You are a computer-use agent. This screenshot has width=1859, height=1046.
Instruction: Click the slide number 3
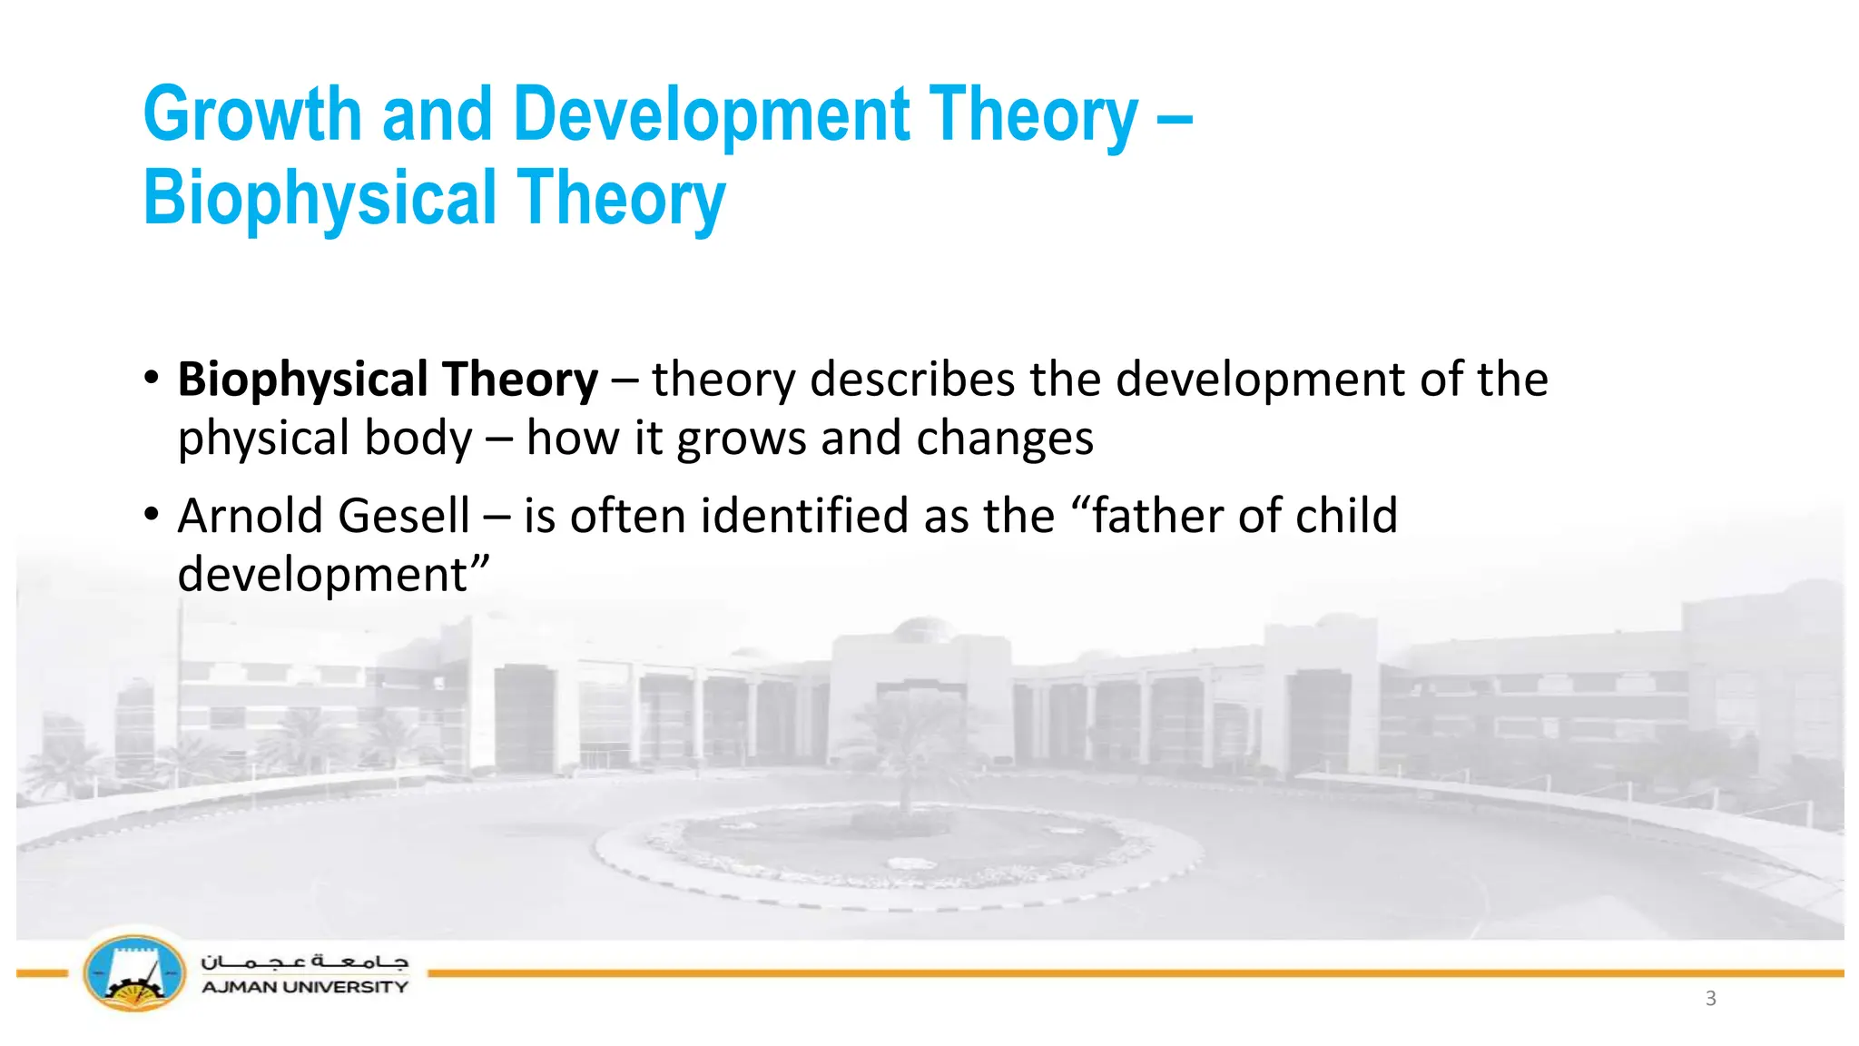(1710, 999)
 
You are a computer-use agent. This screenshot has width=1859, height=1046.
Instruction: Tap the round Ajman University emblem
(134, 973)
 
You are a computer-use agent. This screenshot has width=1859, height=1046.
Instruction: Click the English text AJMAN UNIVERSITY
(304, 987)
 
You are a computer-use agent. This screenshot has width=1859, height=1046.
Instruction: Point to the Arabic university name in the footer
(304, 961)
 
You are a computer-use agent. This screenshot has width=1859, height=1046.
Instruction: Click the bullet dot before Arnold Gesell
(152, 515)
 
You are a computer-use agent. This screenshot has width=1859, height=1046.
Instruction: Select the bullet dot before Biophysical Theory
(152, 378)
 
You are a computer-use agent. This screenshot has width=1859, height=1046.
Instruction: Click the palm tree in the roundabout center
(906, 745)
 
